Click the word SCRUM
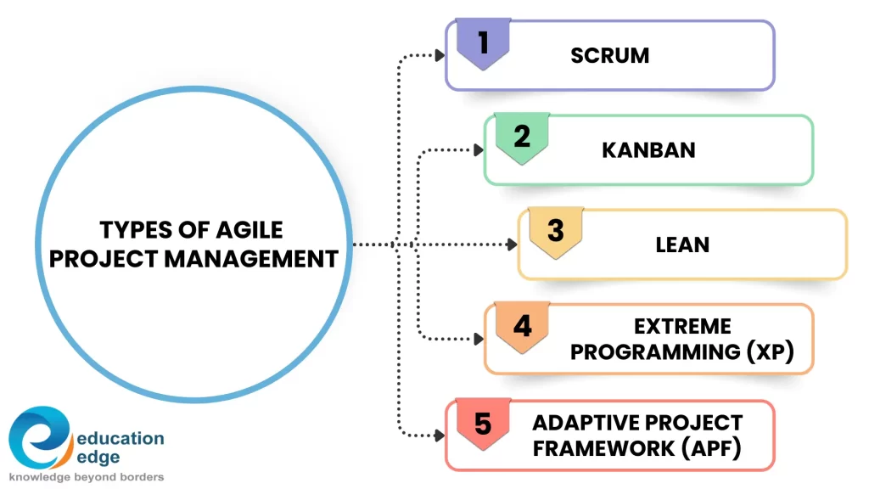coord(609,56)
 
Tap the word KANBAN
coord(648,150)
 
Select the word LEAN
coord(682,244)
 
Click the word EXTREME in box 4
coord(682,327)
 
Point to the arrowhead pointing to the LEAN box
coord(512,244)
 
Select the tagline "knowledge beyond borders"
coord(87,477)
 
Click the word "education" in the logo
coord(120,439)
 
